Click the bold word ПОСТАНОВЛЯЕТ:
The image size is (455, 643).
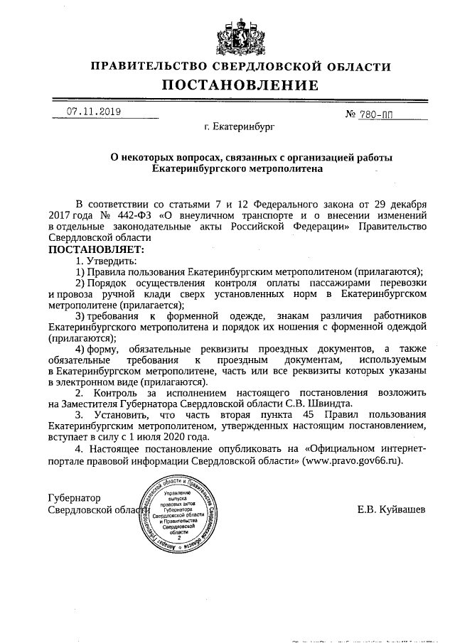pos(96,249)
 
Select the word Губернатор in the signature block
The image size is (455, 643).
pos(74,498)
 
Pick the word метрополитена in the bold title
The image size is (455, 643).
pos(284,170)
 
